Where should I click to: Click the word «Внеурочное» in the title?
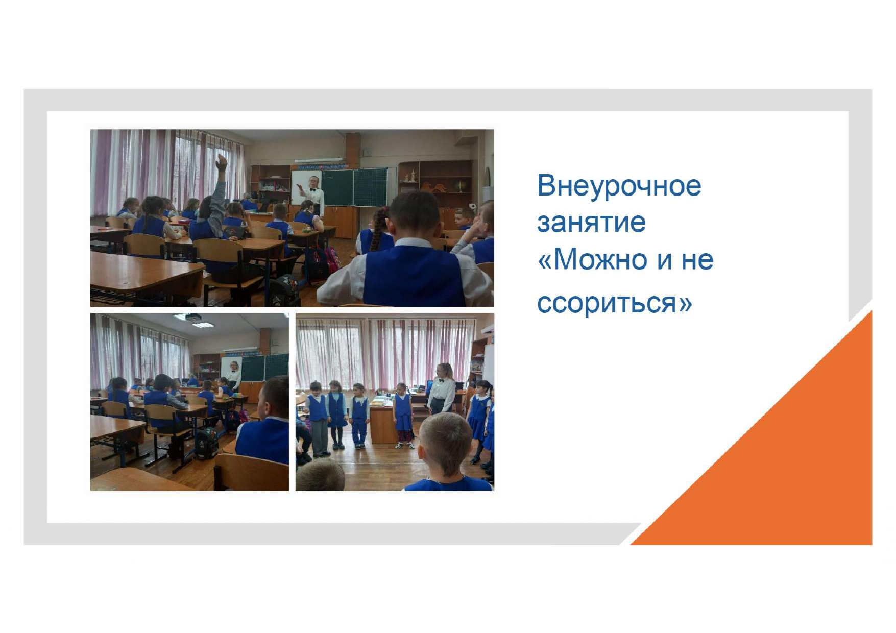[x=619, y=186]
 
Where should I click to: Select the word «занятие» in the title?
[x=591, y=223]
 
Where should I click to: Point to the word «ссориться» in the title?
[x=607, y=302]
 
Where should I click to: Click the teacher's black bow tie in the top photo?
[x=313, y=190]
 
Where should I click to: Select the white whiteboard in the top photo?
[x=301, y=187]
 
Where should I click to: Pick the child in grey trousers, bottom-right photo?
[x=318, y=419]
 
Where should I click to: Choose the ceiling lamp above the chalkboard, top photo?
[x=318, y=160]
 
